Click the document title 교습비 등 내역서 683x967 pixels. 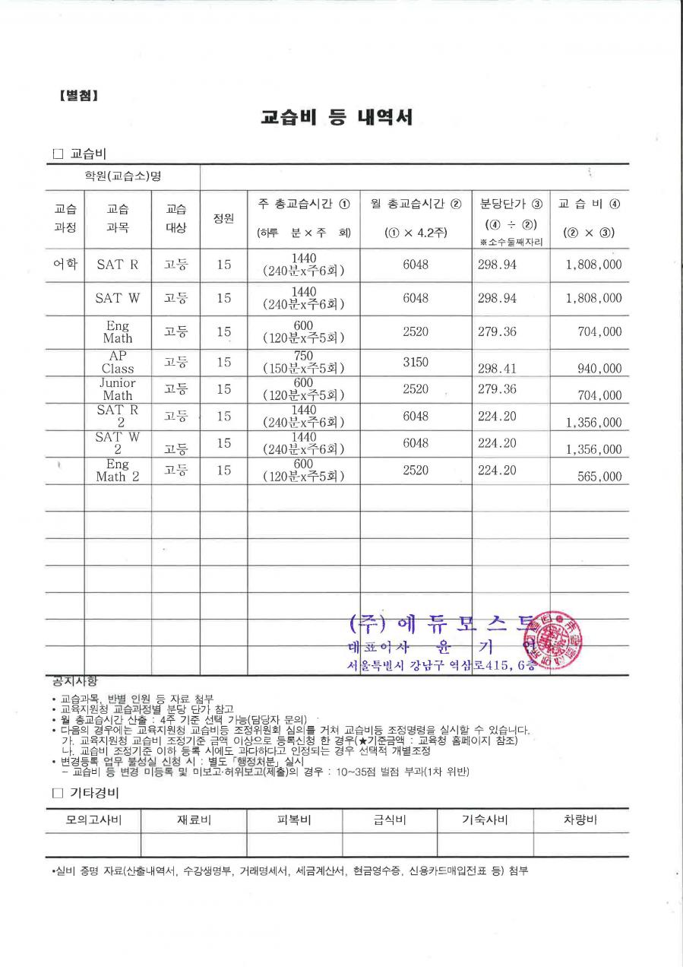point(337,118)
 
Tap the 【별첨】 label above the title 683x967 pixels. point(78,96)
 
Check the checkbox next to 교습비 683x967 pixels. point(58,154)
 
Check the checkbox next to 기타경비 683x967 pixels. point(58,793)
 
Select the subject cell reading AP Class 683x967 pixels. point(118,362)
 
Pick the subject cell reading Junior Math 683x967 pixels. point(118,389)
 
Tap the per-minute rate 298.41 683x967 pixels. point(497,369)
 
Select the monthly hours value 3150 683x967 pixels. point(416,362)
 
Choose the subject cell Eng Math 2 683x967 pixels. point(118,471)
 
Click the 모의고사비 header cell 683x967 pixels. point(93,820)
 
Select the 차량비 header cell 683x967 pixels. point(580,820)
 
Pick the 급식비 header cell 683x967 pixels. point(390,820)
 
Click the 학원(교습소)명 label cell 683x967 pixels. point(123,176)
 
